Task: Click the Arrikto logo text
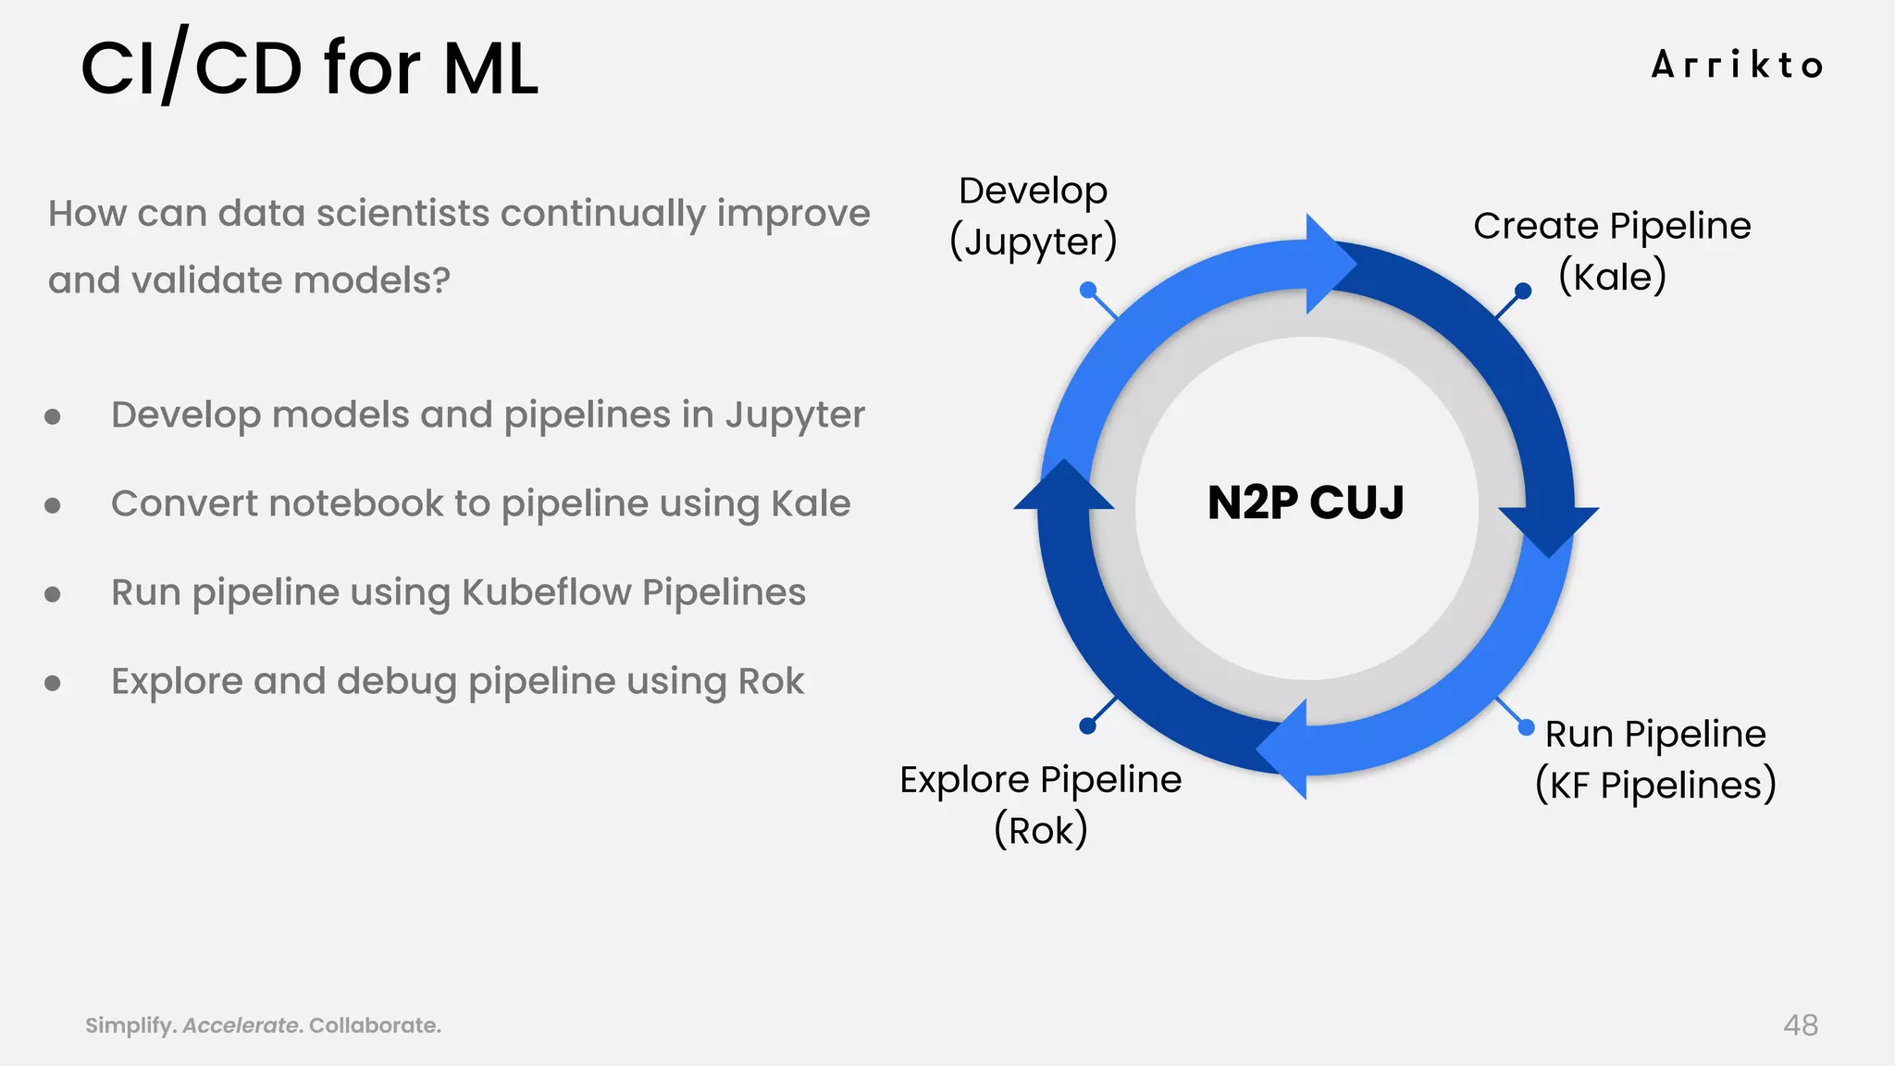[1737, 65]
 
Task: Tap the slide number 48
[1800, 1025]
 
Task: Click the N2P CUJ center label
[1306, 502]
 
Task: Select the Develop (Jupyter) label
[1034, 217]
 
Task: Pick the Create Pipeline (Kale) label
[1612, 251]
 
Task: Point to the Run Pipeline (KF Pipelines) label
[1655, 759]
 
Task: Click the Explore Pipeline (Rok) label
[1040, 804]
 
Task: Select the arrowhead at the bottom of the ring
[1285, 749]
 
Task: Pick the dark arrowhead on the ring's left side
[1064, 486]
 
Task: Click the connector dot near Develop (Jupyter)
[1088, 290]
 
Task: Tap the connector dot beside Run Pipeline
[1527, 727]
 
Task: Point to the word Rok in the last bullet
[771, 681]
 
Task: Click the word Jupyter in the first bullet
[795, 415]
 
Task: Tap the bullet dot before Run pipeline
[53, 594]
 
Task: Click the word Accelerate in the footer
[241, 1025]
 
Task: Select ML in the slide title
[490, 68]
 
